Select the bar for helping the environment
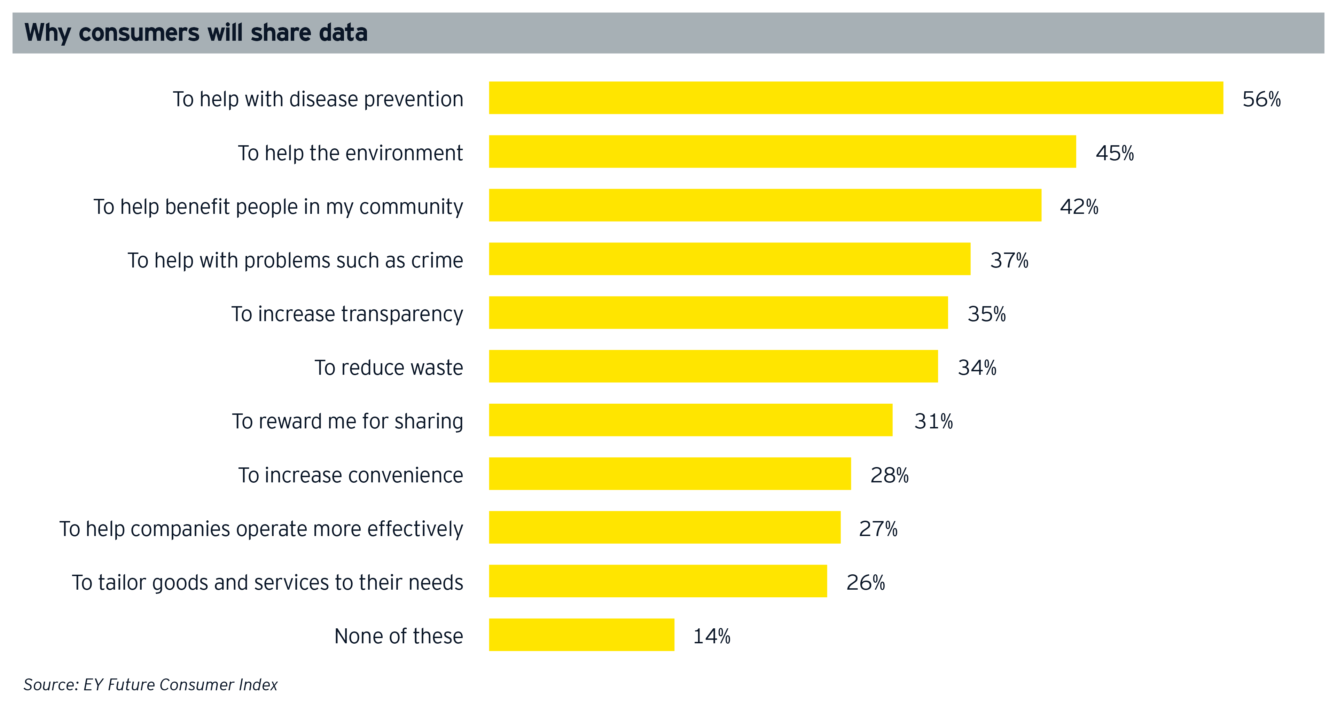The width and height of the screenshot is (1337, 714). click(782, 152)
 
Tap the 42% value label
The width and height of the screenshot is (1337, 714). click(1079, 207)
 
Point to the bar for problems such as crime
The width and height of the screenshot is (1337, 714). click(729, 258)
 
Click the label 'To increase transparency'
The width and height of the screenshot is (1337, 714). click(347, 314)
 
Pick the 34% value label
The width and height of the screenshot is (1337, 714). click(976, 368)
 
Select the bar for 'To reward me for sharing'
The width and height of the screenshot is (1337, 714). click(690, 420)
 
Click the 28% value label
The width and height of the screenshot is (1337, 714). click(889, 475)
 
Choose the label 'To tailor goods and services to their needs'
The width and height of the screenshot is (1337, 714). click(267, 583)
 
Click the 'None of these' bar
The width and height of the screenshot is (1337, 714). click(581, 635)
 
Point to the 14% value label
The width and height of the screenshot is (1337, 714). click(712, 636)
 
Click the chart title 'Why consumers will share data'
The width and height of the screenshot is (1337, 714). click(196, 33)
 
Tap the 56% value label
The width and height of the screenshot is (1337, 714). click(1261, 99)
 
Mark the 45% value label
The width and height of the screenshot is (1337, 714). click(1114, 153)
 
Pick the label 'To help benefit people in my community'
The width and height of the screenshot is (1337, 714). click(278, 207)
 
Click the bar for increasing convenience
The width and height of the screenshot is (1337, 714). click(670, 474)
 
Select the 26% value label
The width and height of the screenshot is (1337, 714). click(865, 583)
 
